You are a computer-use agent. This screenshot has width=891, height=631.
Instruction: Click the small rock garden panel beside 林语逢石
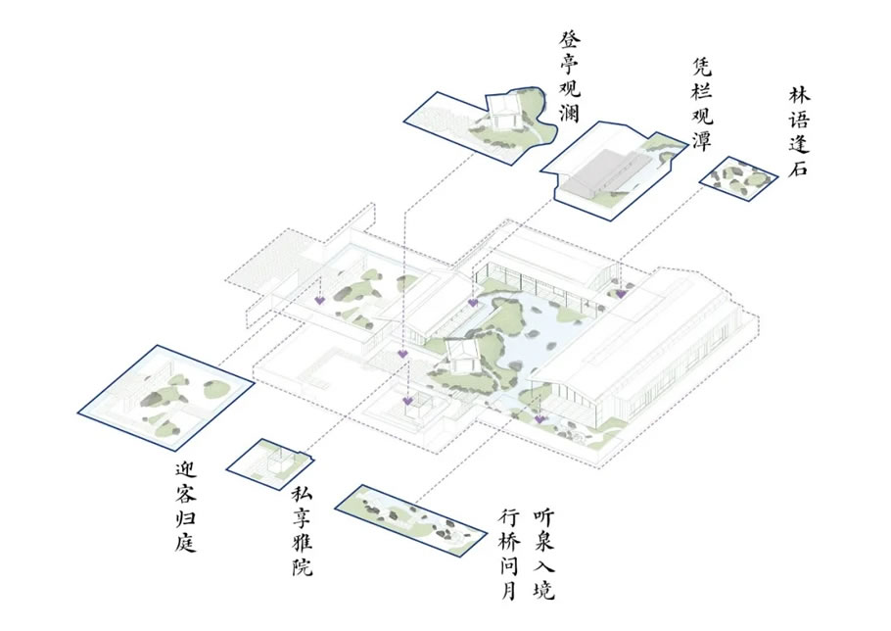click(x=739, y=177)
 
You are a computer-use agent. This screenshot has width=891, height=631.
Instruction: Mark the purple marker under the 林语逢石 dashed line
click(x=621, y=292)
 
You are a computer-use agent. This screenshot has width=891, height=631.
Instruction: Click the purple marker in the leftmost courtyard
click(x=320, y=299)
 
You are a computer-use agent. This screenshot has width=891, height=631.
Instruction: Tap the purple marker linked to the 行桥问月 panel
click(x=539, y=418)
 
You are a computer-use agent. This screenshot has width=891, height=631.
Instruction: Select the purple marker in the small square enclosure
click(x=407, y=401)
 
